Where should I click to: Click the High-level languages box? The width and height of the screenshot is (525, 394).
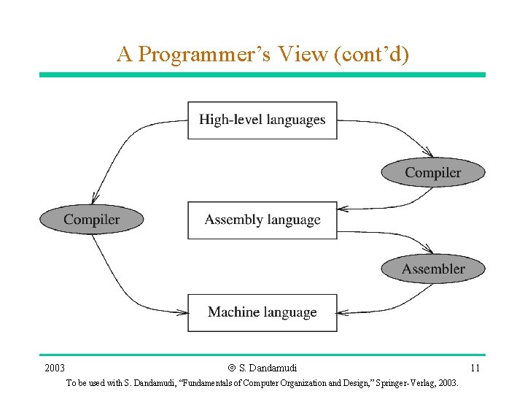point(262,120)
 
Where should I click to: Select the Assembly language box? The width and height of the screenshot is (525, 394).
point(262,220)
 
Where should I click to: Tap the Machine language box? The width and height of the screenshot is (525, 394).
point(262,312)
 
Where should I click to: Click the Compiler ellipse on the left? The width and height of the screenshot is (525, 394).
point(91,220)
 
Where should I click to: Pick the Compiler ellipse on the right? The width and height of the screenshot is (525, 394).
point(433,173)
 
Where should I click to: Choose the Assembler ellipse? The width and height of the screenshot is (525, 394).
point(433,269)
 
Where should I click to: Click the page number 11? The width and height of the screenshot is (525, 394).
point(475,368)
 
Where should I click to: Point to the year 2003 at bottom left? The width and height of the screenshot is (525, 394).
point(55,368)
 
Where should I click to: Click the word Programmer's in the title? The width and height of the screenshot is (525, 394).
point(197,54)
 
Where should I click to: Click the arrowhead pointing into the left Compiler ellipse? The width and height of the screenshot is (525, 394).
point(94,199)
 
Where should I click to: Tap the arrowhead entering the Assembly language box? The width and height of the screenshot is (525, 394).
point(343,209)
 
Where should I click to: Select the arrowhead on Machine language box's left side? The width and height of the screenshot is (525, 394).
point(182,312)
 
